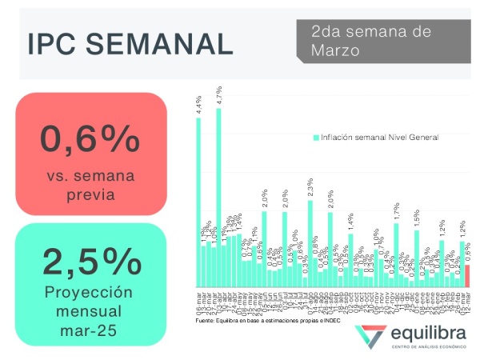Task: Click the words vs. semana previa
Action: [x=90, y=185]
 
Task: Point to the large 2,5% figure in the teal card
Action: [x=90, y=261]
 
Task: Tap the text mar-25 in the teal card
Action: [x=90, y=328]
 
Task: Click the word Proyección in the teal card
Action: [x=90, y=291]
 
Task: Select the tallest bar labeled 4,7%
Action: [x=219, y=200]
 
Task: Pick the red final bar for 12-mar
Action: [x=468, y=276]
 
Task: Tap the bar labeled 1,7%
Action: [x=396, y=256]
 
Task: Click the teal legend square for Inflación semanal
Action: [x=316, y=138]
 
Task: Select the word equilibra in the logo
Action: [x=428, y=333]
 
